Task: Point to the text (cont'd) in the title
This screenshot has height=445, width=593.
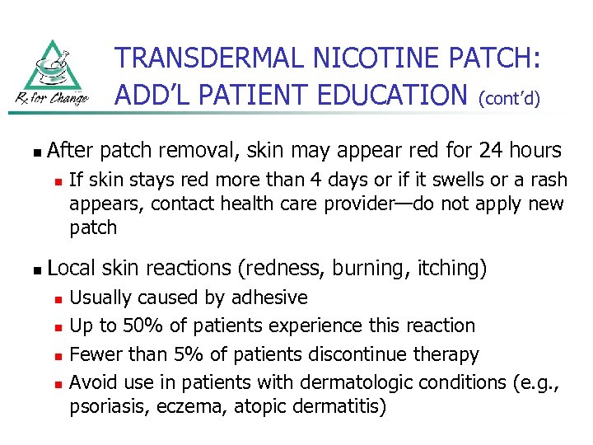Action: (510, 99)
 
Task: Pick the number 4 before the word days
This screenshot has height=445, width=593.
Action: (340, 180)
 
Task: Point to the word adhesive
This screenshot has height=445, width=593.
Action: (269, 297)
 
